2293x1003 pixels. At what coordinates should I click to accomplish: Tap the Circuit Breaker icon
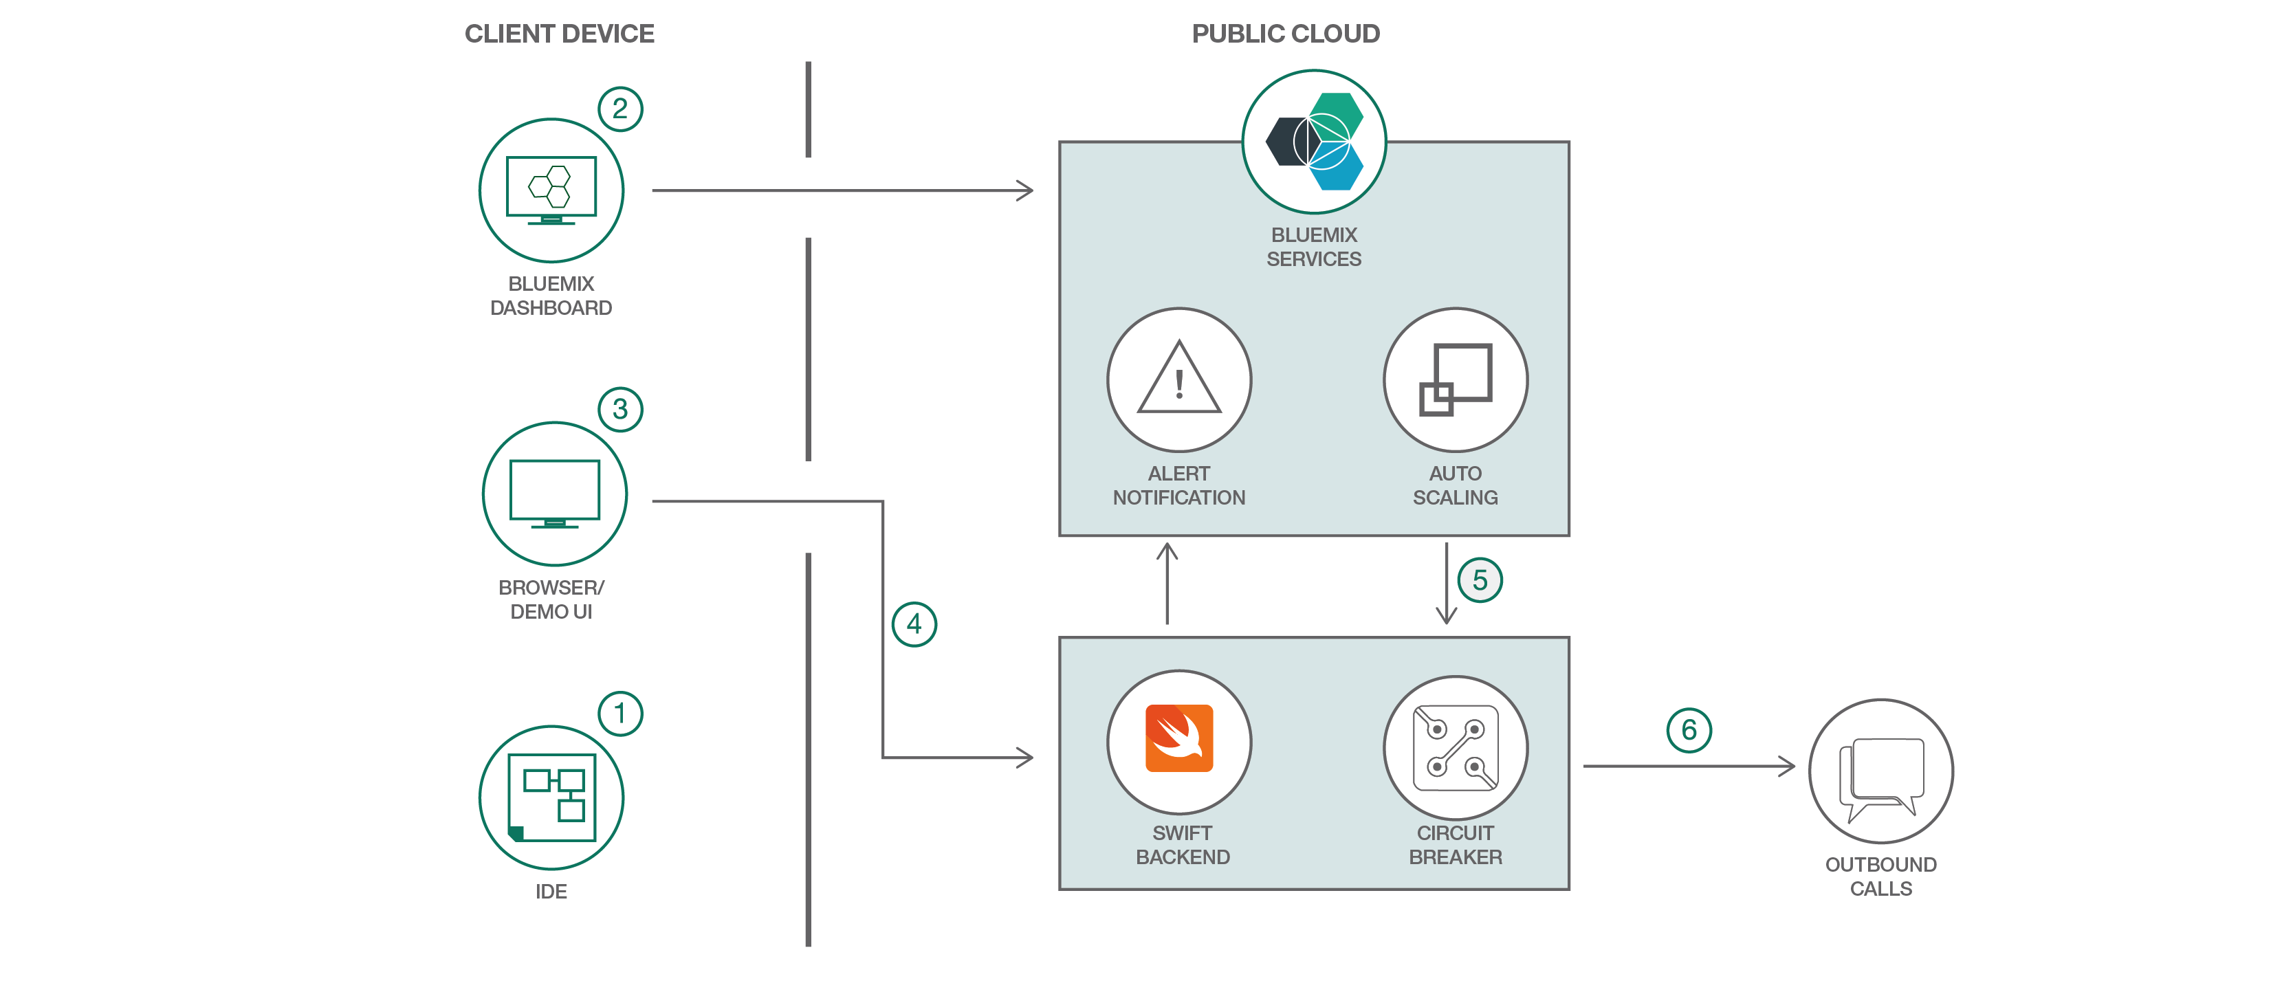1456,747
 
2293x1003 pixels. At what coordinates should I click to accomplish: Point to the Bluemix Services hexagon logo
1314,142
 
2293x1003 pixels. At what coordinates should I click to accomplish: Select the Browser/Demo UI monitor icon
555,494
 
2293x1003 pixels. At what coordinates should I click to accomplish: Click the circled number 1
620,714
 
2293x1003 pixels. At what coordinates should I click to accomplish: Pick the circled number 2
620,109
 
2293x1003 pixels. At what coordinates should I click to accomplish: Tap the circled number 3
620,410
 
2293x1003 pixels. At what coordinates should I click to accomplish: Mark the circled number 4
914,625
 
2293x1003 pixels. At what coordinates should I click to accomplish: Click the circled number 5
1480,580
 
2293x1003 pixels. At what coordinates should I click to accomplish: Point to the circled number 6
1689,731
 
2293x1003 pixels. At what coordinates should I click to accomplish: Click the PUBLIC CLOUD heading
1285,34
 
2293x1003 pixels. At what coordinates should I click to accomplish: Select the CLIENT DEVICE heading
559,34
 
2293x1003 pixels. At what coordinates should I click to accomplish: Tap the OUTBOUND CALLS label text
1881,877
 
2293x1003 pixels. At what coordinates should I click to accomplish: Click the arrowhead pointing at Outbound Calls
1788,765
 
